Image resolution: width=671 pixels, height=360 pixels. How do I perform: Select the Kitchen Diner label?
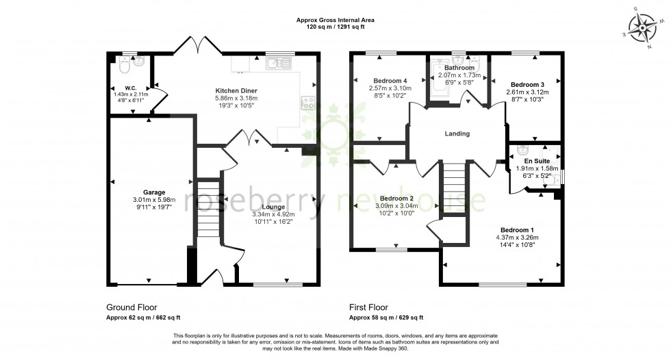236,90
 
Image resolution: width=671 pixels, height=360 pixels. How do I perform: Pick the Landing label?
457,133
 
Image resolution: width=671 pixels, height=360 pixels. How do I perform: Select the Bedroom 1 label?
516,230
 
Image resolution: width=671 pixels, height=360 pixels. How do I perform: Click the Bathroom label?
458,68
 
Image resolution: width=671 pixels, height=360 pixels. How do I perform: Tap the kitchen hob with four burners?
307,104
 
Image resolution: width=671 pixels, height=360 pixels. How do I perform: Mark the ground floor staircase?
207,208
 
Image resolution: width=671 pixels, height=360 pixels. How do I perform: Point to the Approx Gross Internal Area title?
335,21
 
